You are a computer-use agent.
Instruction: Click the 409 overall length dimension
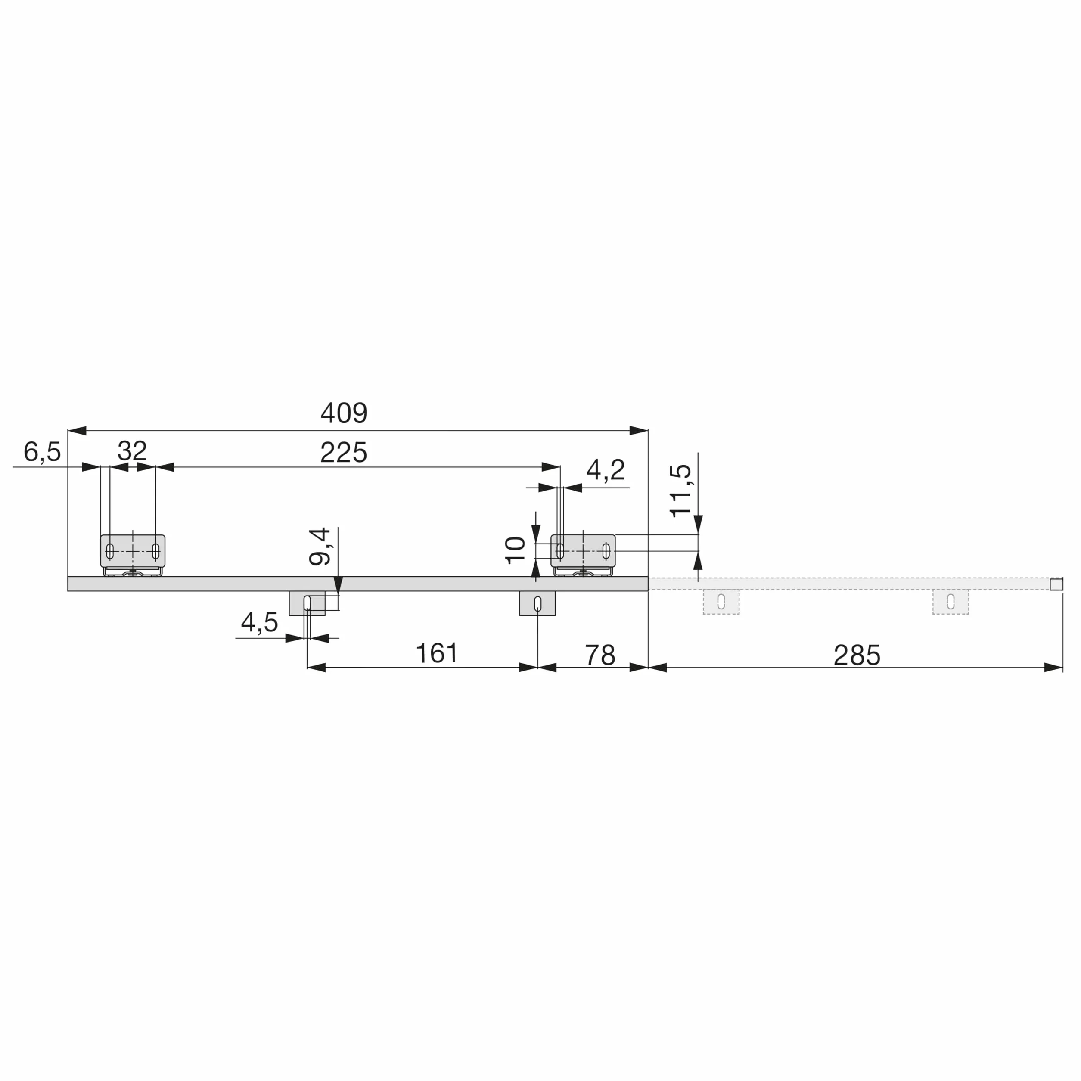(344, 413)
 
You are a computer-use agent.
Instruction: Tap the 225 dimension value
(344, 453)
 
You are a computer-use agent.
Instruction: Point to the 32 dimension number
(132, 451)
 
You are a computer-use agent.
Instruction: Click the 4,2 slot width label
(606, 470)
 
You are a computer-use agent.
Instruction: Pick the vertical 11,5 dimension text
(681, 491)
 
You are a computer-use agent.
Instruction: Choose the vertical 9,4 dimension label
(320, 547)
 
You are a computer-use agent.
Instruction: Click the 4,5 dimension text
(260, 622)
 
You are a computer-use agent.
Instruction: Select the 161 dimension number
(437, 653)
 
